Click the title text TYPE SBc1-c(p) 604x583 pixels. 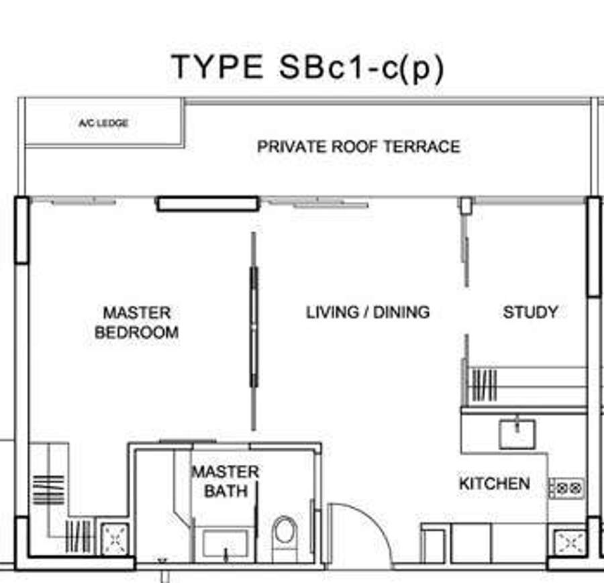308,68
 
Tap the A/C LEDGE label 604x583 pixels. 103,123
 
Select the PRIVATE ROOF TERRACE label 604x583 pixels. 358,147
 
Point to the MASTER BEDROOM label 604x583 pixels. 137,323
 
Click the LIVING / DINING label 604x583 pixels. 368,312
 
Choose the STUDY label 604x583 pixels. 530,312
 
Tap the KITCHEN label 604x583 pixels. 495,484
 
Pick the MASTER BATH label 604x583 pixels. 225,481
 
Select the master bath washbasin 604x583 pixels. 225,543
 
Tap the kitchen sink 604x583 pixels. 517,434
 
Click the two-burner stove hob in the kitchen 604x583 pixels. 566,488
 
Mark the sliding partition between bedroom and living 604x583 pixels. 254,331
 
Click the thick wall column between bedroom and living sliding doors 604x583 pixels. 207,204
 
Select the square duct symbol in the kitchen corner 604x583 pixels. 570,543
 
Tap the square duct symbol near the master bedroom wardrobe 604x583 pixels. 114,538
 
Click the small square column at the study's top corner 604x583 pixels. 466,205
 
